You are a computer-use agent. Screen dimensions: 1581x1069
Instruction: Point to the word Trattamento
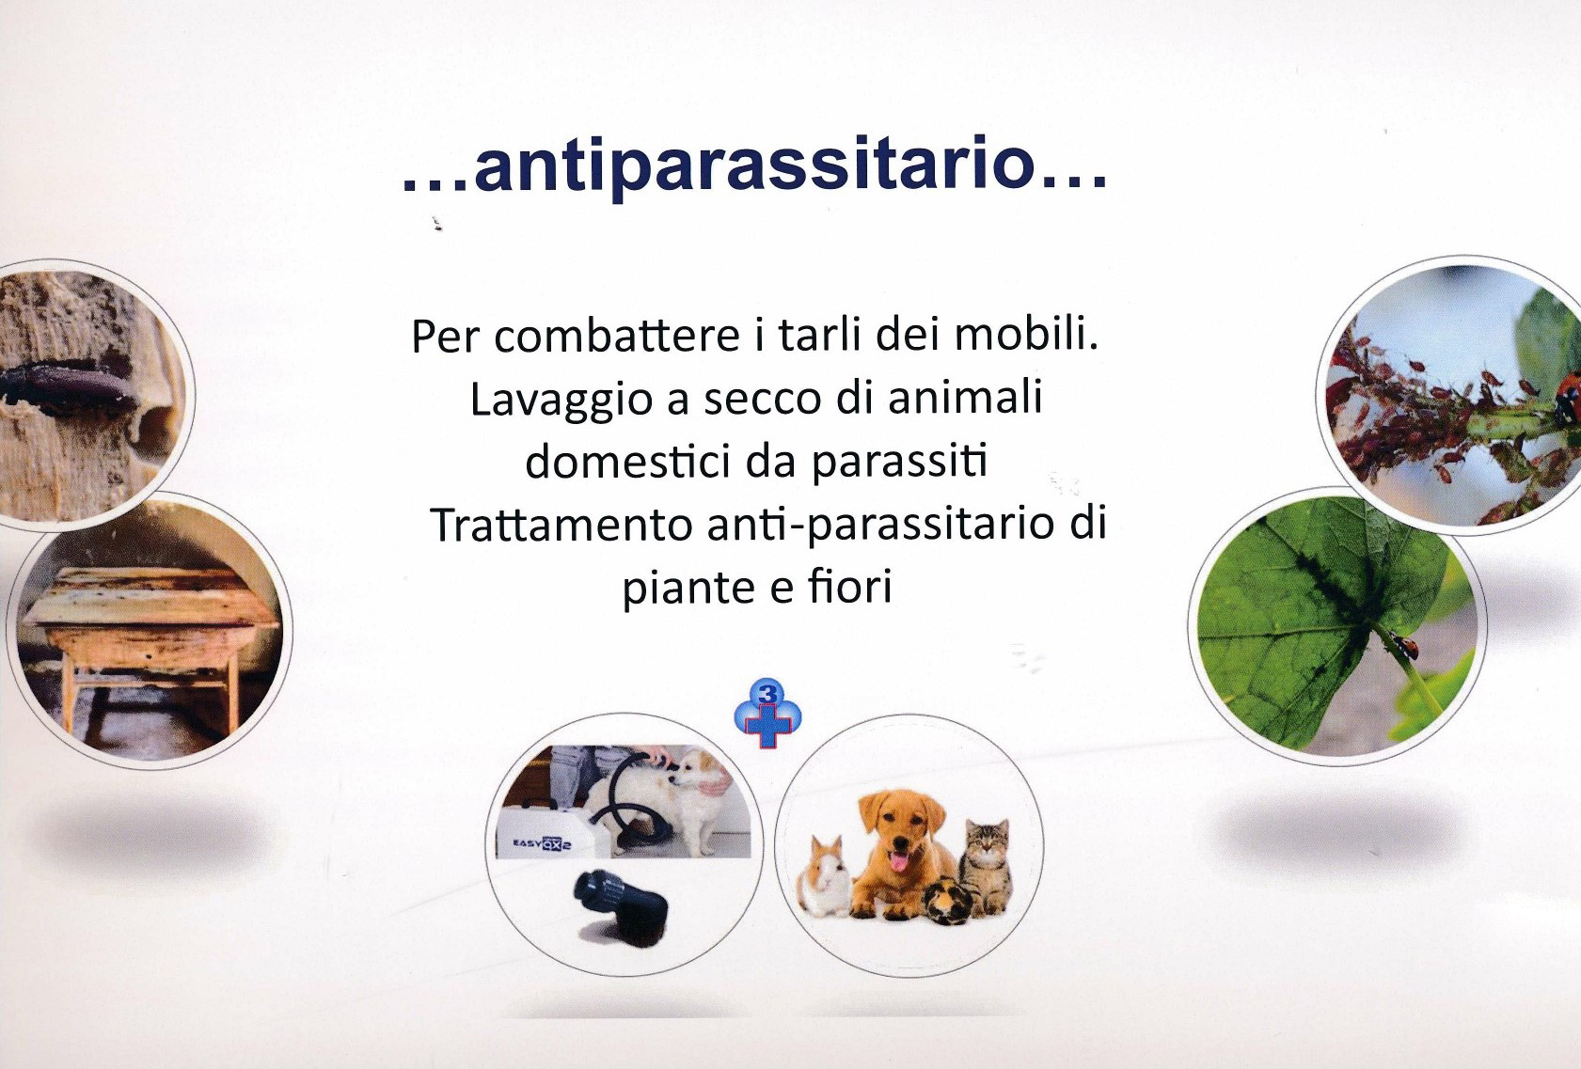[561, 525]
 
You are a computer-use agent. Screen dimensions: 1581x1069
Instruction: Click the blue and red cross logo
[767, 715]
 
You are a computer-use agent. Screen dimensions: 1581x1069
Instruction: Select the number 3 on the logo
[767, 693]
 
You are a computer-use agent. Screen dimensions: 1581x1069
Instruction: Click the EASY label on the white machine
[528, 843]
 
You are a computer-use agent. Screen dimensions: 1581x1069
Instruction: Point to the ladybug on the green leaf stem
[1404, 646]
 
